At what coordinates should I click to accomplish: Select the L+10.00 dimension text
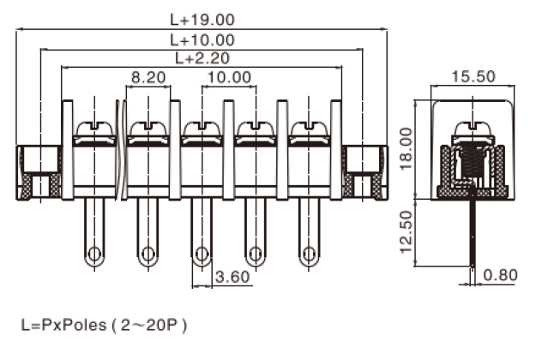(x=202, y=40)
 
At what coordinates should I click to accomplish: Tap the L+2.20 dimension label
(x=202, y=58)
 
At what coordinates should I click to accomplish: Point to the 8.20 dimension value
(x=148, y=77)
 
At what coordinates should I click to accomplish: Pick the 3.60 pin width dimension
(x=232, y=277)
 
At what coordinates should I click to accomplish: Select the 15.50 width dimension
(x=473, y=76)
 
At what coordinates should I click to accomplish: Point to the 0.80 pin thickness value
(x=502, y=276)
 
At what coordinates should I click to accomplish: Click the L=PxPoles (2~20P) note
(x=104, y=326)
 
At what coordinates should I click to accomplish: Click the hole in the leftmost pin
(x=94, y=254)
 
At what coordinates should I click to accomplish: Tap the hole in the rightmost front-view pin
(x=308, y=254)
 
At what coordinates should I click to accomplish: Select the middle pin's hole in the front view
(x=202, y=254)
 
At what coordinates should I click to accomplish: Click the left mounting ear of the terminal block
(x=39, y=171)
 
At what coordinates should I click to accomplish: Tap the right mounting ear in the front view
(x=364, y=171)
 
